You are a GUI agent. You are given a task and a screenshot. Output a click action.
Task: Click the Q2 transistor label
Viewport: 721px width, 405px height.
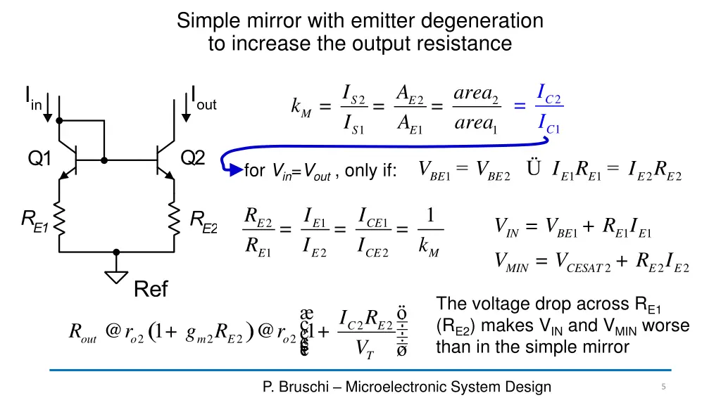click(192, 158)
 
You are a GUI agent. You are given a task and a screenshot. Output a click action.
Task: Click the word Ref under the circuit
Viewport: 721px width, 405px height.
click(151, 289)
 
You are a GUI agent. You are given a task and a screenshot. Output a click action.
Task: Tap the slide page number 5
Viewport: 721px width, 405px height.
click(663, 387)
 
